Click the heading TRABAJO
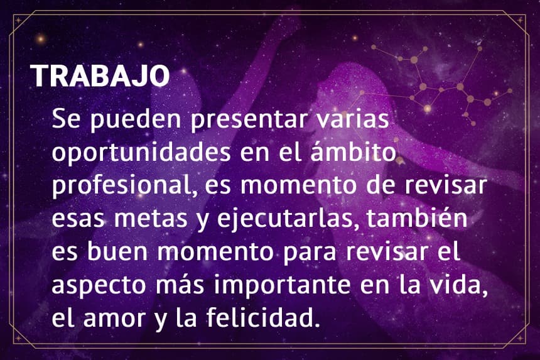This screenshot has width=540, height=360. coord(100,76)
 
